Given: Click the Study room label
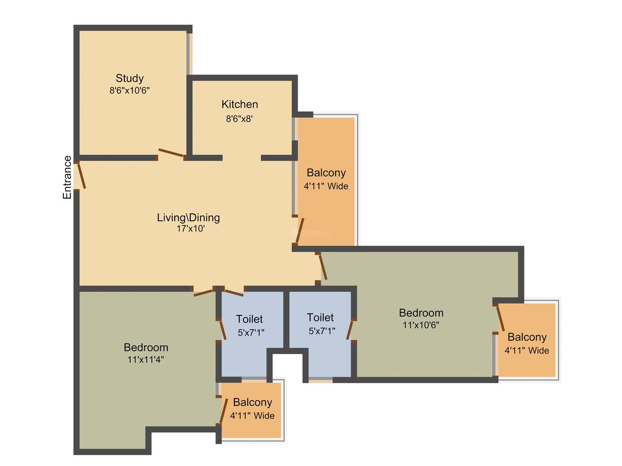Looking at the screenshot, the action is (x=129, y=78).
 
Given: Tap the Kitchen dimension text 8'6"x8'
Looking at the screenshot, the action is (x=239, y=118).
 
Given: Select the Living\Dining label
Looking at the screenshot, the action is (x=188, y=217).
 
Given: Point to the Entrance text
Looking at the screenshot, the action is (x=67, y=177).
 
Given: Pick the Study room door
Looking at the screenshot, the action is (x=172, y=153).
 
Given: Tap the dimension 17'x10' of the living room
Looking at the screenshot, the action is (x=190, y=229).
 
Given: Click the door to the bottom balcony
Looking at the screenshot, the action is (x=224, y=411).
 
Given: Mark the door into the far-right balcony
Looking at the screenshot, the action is (x=501, y=318).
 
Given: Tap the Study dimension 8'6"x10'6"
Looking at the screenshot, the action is (x=129, y=91).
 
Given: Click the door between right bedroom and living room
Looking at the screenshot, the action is (x=323, y=267).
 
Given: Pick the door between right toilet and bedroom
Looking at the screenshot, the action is (x=350, y=330).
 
